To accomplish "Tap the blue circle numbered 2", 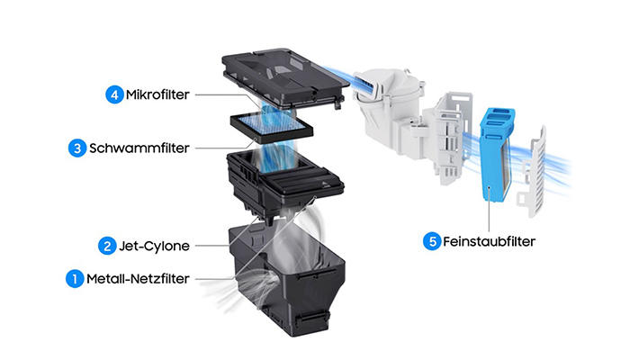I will (x=107, y=245).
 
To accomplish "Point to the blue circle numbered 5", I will (x=433, y=241).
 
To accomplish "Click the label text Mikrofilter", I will (x=157, y=94).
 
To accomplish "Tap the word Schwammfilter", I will (x=139, y=148).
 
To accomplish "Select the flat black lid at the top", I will (x=283, y=76).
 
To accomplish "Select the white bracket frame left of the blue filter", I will (x=445, y=135).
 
